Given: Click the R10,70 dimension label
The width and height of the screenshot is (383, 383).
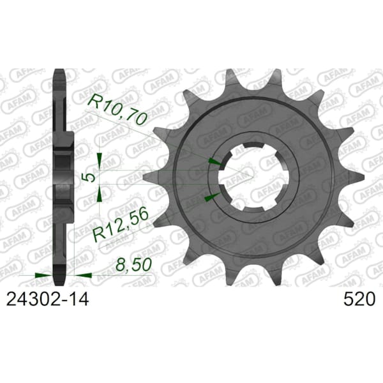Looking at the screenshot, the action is coord(117,110).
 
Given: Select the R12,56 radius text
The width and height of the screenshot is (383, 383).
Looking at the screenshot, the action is coord(121,224).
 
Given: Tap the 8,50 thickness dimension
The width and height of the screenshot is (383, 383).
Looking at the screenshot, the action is coord(133,264).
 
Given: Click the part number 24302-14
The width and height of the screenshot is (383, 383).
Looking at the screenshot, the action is coord(47,299).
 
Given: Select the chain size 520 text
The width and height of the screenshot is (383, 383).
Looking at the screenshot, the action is coord(359,299).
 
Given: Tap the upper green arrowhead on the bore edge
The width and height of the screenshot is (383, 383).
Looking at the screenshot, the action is coord(215,161).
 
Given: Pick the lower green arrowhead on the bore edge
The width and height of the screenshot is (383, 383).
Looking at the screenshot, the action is coord(212,197).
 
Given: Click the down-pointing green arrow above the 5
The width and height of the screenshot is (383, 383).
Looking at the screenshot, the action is coord(100,161).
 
